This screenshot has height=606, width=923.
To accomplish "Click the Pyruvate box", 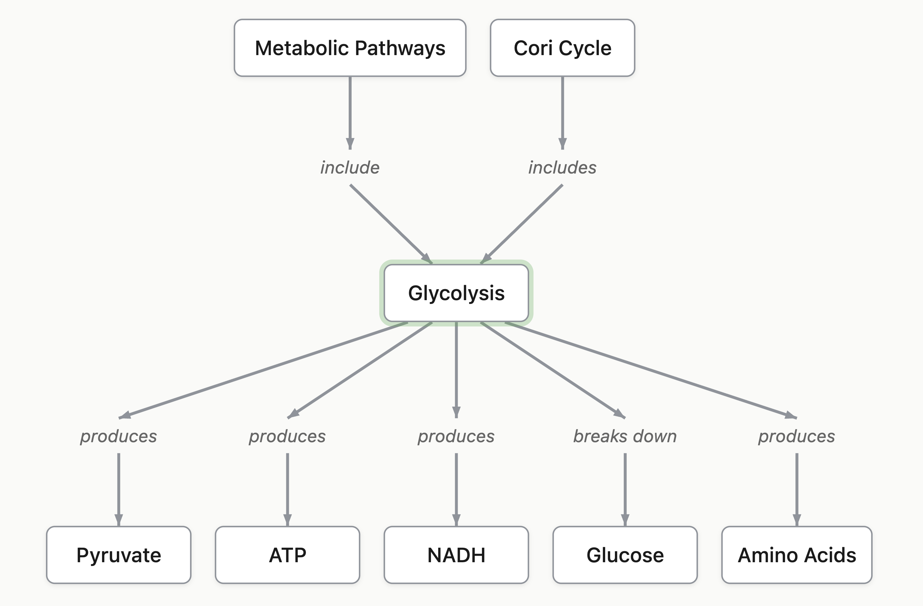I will coord(119,555).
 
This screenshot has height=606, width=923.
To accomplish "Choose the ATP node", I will coord(287,555).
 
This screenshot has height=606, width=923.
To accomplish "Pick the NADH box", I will coord(456,555).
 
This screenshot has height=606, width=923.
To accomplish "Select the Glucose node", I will coord(625,555).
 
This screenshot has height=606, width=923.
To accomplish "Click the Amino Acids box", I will coord(797,555).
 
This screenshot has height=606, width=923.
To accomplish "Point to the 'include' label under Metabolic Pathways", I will coord(350,168).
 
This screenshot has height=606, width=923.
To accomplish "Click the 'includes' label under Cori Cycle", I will coord(562,168).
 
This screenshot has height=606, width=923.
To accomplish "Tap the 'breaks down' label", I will coord(625,436).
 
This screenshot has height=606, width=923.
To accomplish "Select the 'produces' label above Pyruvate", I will coord(119,436).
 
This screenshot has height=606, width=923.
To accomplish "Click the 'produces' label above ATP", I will coord(287,436).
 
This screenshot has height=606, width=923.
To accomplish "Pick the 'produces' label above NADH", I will coord(456,436).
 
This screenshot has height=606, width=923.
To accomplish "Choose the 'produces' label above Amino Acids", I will coord(797,436).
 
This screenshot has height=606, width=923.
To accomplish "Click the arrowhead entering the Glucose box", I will coord(625,519).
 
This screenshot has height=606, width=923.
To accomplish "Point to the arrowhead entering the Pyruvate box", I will coord(119,519).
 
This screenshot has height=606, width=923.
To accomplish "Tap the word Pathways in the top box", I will coord(400,48).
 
